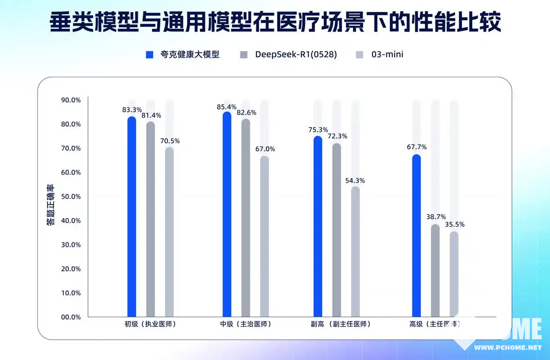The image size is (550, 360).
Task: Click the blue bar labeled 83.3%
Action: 132,217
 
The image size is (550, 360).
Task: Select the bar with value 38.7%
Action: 435,271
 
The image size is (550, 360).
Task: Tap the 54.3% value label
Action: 355,181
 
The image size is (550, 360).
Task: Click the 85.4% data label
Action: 227,107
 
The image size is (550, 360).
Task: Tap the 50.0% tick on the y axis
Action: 71,196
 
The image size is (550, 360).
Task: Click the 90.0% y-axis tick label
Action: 71,100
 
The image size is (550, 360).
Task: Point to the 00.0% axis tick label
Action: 71,317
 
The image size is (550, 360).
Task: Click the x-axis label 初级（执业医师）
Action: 150,324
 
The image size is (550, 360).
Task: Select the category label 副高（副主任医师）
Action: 340,324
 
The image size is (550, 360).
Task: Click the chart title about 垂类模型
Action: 275,22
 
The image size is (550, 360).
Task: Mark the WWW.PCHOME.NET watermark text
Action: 508,348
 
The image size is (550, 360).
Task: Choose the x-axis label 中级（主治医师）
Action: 245,324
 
